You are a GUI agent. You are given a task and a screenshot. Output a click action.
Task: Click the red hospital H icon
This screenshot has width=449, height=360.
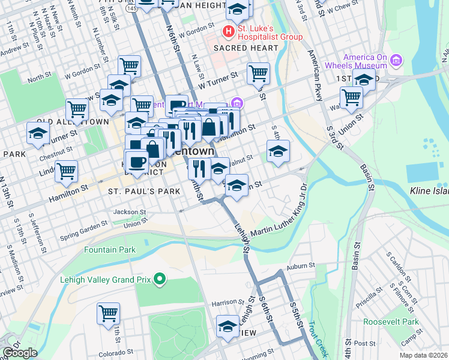[x=229, y=31]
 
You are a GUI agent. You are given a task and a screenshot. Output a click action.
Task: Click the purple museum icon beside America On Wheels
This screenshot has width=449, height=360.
[x=396, y=61]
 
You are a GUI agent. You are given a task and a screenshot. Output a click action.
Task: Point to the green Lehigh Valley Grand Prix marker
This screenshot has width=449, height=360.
[x=160, y=279]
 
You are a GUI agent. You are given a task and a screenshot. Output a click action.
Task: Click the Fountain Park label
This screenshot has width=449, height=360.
[x=110, y=250]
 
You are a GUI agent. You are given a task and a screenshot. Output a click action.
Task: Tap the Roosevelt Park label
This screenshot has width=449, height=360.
[x=391, y=322]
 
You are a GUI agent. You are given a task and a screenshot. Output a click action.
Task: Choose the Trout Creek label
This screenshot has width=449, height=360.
[x=319, y=337]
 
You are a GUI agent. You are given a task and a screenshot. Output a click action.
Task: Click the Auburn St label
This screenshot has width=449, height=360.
[x=301, y=265]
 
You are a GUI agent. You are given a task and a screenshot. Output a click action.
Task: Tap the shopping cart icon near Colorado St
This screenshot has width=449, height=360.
[x=108, y=313]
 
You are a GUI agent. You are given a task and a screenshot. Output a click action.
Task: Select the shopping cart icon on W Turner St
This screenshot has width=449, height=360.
[x=258, y=73]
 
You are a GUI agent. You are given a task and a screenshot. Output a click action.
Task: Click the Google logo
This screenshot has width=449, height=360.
[x=20, y=353]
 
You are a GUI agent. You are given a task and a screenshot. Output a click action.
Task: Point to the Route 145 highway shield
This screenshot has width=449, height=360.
[x=130, y=8]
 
